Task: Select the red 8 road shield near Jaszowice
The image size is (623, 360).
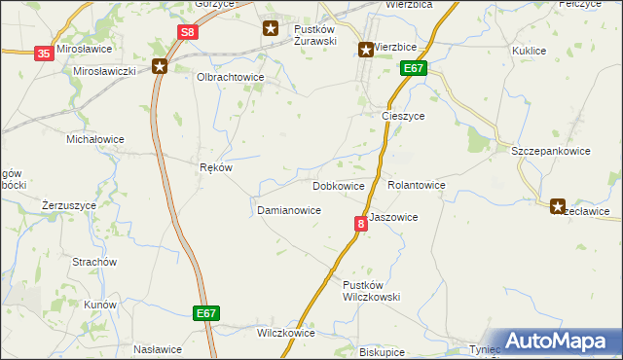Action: (361, 224)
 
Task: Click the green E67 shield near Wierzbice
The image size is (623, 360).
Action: (413, 68)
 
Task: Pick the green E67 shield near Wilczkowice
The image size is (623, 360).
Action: (205, 313)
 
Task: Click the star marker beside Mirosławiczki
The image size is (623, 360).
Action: (160, 66)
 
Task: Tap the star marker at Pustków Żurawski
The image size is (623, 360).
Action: (271, 29)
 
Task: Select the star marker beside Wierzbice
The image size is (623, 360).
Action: (366, 50)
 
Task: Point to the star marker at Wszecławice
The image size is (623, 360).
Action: (558, 206)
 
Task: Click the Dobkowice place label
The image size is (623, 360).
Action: (339, 185)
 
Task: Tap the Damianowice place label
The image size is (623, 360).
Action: (289, 210)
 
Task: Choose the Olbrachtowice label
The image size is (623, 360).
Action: (232, 77)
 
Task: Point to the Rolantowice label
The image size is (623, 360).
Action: (417, 185)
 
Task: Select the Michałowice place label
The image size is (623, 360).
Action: (94, 139)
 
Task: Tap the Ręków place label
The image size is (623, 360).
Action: (216, 167)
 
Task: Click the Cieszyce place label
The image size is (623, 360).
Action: (402, 116)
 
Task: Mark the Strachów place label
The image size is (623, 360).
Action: (94, 263)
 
